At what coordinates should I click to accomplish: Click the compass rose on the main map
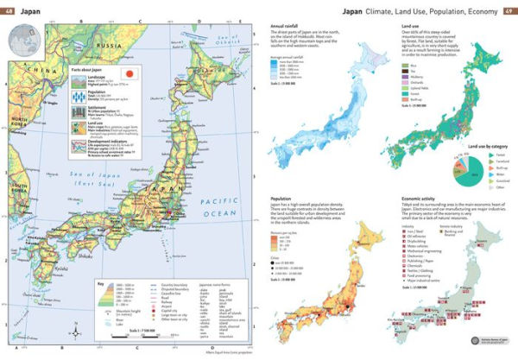coord(75,331)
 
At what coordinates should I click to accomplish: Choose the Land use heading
coord(412,28)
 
